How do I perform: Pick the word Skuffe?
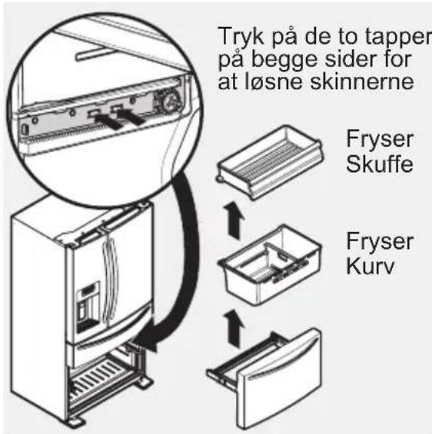pos(369,167)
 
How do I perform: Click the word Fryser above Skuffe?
pos(369,142)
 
